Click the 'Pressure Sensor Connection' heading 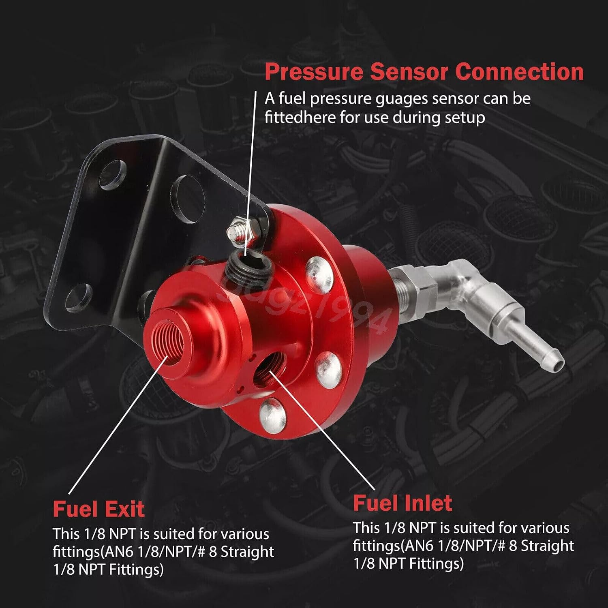424,72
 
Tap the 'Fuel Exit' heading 98,509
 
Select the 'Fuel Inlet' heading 402,503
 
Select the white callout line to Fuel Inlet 322,431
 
